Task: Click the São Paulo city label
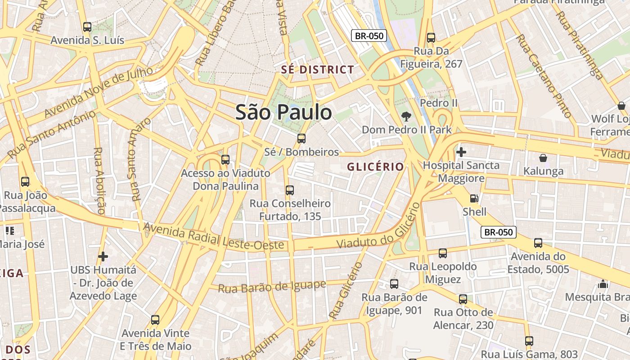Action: click(283, 112)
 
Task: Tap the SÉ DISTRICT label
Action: click(318, 70)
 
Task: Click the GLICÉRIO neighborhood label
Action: click(375, 167)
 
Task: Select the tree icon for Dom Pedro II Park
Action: click(406, 117)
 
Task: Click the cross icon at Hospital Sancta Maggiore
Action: click(461, 152)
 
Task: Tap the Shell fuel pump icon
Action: click(474, 198)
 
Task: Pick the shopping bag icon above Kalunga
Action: click(543, 158)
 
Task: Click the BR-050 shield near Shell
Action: click(498, 232)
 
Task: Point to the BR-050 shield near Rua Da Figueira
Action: click(369, 36)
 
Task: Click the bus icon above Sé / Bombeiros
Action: click(301, 139)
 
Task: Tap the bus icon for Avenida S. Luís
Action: click(87, 27)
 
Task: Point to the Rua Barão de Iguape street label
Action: click(272, 286)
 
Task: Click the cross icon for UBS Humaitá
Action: click(103, 256)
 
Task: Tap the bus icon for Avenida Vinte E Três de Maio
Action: click(155, 320)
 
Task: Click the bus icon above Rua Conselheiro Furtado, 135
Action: click(290, 190)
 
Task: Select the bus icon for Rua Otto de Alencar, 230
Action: click(463, 299)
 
